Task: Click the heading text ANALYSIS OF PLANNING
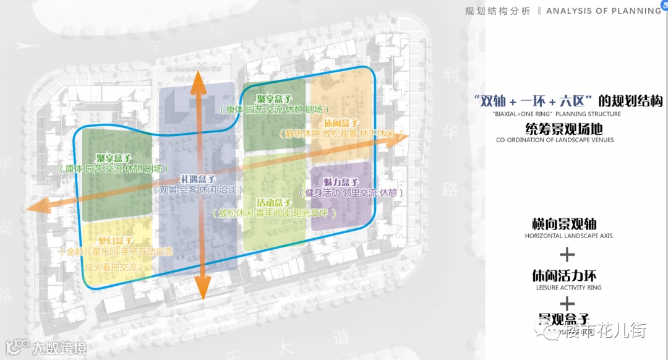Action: click(x=604, y=11)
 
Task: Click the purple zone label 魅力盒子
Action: click(x=341, y=182)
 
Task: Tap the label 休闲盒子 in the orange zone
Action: click(x=341, y=123)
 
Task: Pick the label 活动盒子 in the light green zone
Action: click(x=274, y=202)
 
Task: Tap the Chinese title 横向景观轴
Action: click(x=563, y=224)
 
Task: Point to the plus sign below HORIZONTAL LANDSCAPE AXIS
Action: click(x=567, y=254)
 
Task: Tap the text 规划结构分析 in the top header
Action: click(x=497, y=11)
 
